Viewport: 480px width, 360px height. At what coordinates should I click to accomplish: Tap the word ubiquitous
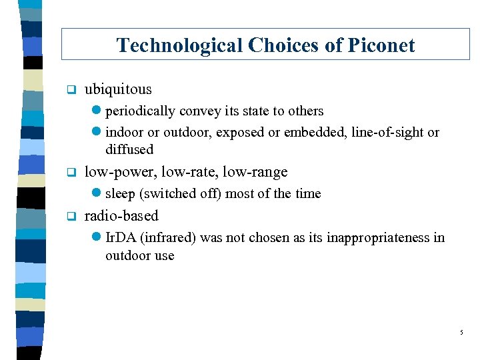click(x=118, y=89)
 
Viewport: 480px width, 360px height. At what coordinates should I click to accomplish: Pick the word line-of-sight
click(x=384, y=132)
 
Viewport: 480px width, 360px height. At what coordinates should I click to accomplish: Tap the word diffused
click(x=129, y=149)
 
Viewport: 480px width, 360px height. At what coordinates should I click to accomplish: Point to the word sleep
click(x=120, y=193)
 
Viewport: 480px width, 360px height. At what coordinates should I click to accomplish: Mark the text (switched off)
click(x=180, y=193)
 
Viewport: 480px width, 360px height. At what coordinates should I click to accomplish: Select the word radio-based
click(x=121, y=215)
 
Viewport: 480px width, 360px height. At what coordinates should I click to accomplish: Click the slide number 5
click(x=461, y=331)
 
